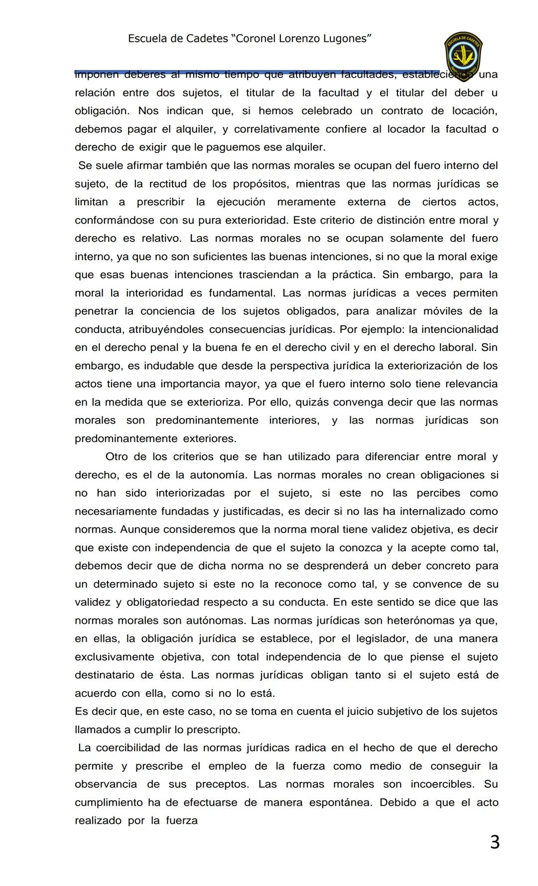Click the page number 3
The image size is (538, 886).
pyautogui.click(x=494, y=842)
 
